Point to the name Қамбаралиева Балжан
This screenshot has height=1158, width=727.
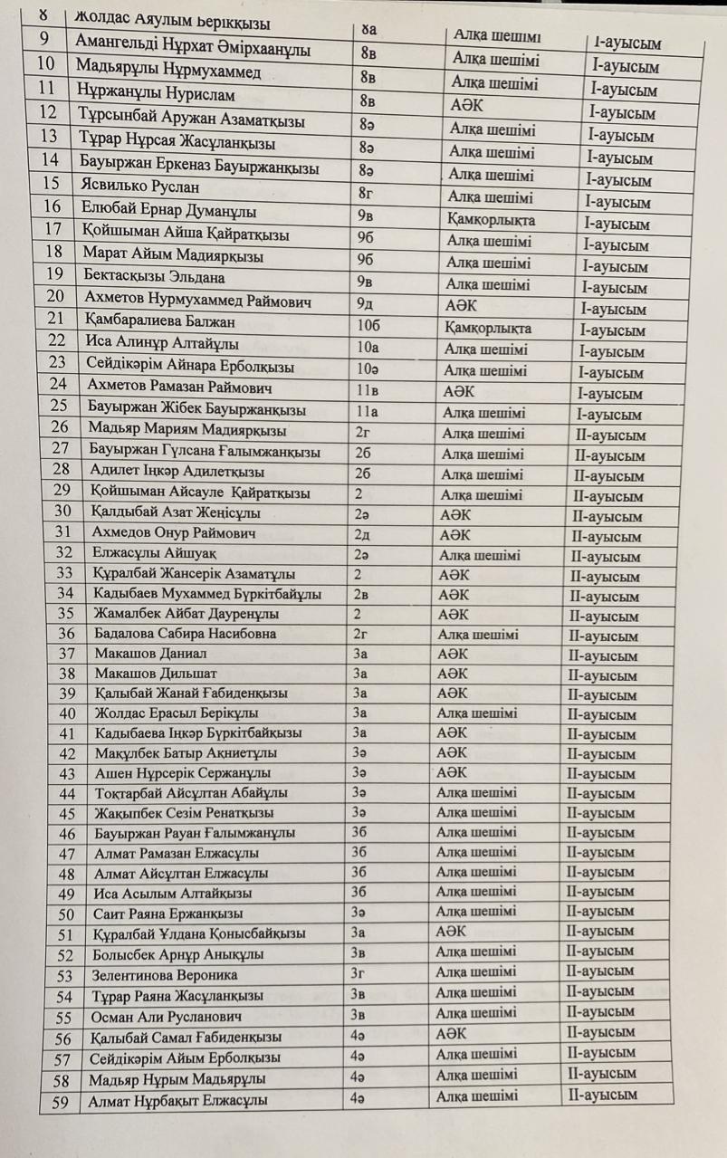tap(159, 321)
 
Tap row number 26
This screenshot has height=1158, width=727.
tap(60, 428)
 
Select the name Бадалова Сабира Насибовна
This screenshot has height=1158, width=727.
tap(185, 634)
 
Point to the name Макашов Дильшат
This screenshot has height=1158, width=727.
tap(150, 674)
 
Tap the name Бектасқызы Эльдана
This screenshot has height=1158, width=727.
tap(154, 277)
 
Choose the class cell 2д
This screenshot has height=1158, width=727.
tap(364, 534)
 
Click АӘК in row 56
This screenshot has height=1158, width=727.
tap(452, 1033)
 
